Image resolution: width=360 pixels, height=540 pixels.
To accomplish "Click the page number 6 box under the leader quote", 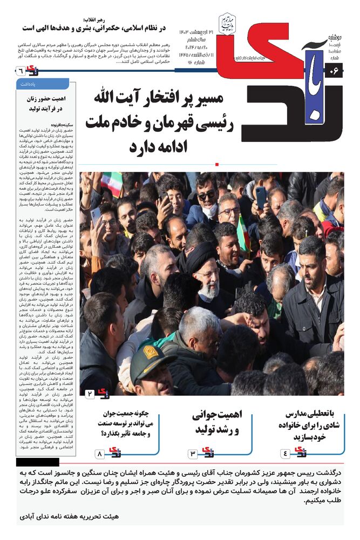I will click(x=20, y=70).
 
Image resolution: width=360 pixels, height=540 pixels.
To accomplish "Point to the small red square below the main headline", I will click(x=216, y=164).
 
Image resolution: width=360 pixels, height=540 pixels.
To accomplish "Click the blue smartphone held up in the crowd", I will click(x=261, y=197).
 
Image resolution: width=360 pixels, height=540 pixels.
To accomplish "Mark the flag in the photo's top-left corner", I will click(x=112, y=184).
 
